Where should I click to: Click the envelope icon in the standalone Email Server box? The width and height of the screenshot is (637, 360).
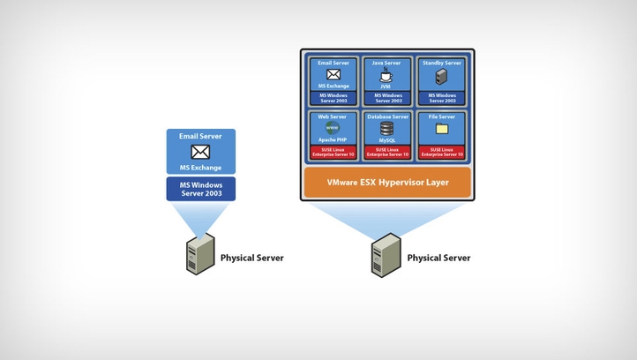[200, 152]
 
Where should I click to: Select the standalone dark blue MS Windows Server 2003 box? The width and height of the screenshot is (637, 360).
[200, 189]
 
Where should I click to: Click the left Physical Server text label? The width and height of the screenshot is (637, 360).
[251, 258]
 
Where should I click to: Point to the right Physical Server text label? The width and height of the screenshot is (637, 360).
[438, 258]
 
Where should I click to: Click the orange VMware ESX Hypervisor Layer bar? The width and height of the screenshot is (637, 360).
[387, 184]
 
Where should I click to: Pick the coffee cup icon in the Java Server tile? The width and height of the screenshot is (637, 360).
[387, 76]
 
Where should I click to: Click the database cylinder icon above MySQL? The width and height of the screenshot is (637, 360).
[387, 128]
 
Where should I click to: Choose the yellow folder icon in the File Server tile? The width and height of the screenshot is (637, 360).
[441, 129]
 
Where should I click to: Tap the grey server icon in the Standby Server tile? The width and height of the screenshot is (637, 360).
[441, 78]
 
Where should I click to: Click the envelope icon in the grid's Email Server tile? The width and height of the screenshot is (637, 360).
[333, 76]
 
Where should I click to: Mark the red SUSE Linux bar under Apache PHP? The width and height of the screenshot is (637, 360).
[333, 153]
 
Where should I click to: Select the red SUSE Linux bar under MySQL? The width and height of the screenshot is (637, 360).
[387, 153]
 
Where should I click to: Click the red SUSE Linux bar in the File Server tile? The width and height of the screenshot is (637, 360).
[441, 153]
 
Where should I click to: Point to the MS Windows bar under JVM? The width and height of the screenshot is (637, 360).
[387, 98]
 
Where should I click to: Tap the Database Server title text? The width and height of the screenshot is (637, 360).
[387, 116]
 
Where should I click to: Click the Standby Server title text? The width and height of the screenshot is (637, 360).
[441, 64]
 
